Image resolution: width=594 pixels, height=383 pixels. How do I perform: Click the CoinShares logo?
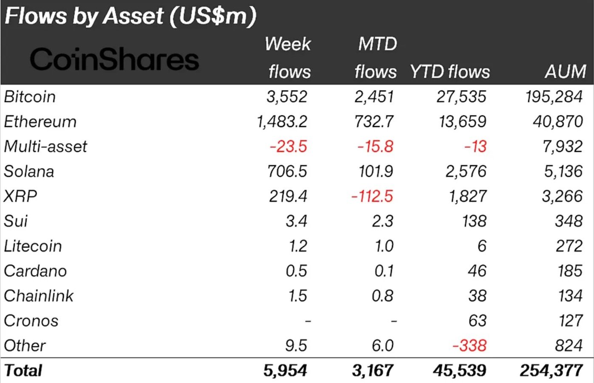point(114,59)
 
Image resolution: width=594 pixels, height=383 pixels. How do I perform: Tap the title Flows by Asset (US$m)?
point(130,16)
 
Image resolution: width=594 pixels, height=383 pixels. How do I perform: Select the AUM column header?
point(566,71)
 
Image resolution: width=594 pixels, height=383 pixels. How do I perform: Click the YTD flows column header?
point(450,72)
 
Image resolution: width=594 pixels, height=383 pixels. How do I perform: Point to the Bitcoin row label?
point(30,97)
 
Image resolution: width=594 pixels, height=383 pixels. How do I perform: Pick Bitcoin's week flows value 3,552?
point(287,97)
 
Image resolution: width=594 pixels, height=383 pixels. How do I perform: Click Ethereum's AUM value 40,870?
point(557,122)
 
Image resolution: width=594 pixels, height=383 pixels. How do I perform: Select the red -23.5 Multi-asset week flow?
point(288,146)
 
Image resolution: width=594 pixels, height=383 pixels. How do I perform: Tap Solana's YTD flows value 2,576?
point(466,172)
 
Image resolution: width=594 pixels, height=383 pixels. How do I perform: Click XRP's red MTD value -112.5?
point(372,196)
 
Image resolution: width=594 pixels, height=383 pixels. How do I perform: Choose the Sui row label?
point(16,221)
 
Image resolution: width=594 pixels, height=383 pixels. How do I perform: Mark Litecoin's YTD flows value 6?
point(482,246)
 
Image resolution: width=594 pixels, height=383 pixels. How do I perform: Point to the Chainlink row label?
point(39,296)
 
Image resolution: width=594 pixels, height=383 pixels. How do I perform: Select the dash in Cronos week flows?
point(308,321)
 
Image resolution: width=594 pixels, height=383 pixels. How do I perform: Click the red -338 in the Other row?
point(469,346)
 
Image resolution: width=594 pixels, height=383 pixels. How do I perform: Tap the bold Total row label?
point(23,371)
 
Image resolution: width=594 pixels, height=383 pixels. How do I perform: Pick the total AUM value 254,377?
point(551,371)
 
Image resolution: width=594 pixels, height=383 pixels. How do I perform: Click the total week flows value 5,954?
point(285,371)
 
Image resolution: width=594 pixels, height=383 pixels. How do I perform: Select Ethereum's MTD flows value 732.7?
point(374,122)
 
